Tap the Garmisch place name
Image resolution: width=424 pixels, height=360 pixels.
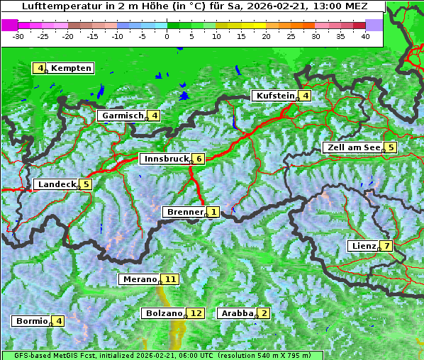[122, 116]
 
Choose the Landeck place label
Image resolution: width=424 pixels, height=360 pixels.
[57, 184]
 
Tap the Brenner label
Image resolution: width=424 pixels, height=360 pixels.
[185, 212]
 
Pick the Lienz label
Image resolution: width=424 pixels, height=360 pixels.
[363, 246]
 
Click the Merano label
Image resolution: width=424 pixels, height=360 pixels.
[139, 279]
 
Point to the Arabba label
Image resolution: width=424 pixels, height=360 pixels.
[237, 313]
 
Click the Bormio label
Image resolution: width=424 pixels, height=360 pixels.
[32, 321]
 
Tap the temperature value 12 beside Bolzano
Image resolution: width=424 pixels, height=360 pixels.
[196, 313]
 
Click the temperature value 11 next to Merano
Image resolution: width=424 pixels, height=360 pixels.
[170, 279]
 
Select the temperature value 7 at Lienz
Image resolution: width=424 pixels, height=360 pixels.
[386, 246]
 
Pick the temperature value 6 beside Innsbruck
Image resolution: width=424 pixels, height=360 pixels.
[199, 159]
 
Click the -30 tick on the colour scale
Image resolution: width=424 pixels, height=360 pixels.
[18, 35]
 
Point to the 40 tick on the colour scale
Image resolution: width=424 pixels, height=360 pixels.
[365, 35]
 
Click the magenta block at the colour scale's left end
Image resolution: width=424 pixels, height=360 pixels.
[10, 24]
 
